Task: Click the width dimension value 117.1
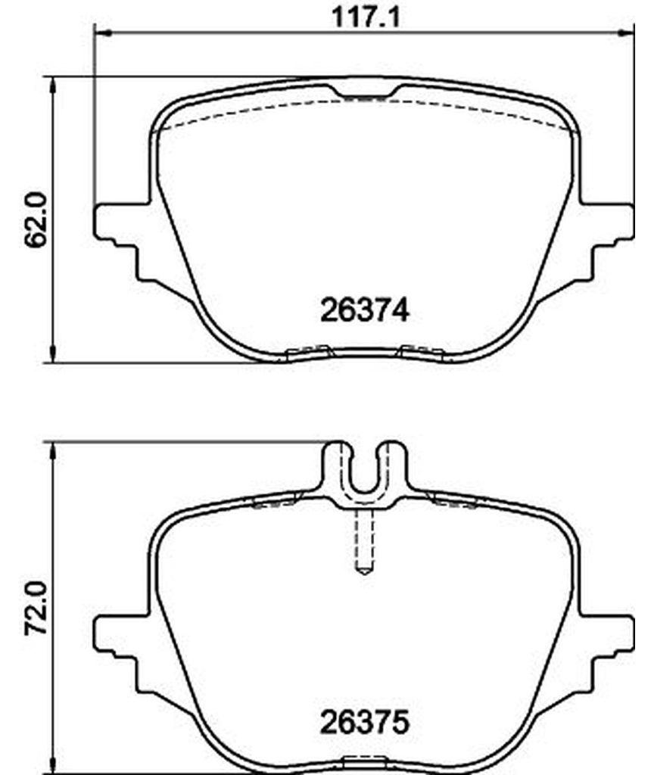[366, 17]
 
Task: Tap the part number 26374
[365, 311]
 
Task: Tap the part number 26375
[365, 722]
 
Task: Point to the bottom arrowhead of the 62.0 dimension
[52, 354]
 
